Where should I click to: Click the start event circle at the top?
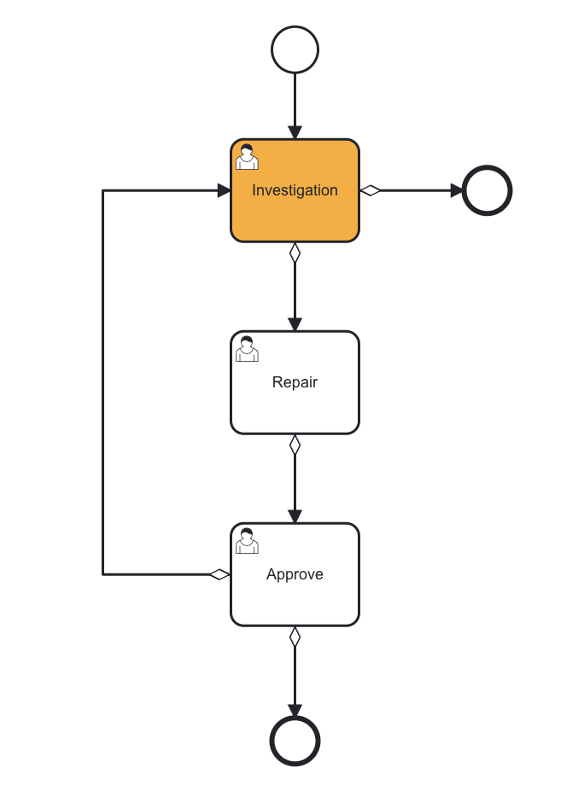click(x=295, y=49)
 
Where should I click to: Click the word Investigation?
click(x=295, y=190)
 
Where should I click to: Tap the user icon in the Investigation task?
click(x=247, y=157)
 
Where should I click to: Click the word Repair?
click(x=295, y=382)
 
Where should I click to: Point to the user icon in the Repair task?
click(x=247, y=349)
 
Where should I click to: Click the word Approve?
click(x=295, y=574)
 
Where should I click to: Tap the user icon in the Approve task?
click(x=247, y=541)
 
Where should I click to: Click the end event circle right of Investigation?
click(x=487, y=190)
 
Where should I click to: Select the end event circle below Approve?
click(x=295, y=741)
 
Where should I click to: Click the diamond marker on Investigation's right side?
click(x=370, y=190)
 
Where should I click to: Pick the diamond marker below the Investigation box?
click(x=295, y=253)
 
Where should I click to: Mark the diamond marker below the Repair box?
click(x=295, y=445)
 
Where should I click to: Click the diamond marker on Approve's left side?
click(x=219, y=574)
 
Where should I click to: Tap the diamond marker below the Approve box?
click(x=295, y=637)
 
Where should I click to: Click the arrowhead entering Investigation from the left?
click(x=224, y=190)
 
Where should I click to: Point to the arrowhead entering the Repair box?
click(x=295, y=324)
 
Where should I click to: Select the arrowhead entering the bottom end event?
click(x=295, y=710)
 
